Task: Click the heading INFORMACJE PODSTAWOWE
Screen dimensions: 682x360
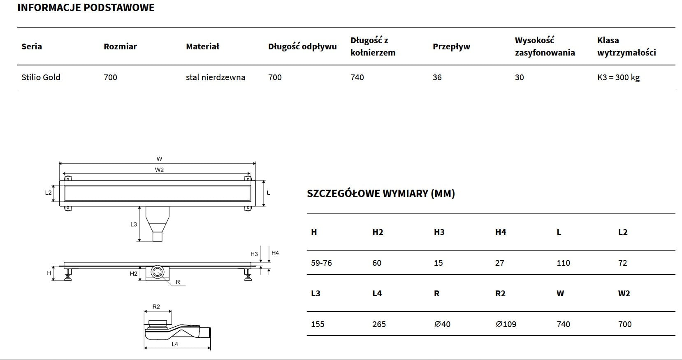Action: [86, 7]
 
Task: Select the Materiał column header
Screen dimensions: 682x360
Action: [202, 46]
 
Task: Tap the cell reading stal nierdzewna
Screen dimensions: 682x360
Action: [216, 77]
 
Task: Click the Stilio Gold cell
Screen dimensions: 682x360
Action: [41, 77]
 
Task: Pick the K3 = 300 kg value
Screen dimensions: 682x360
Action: [618, 77]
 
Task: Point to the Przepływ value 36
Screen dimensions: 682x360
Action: [437, 77]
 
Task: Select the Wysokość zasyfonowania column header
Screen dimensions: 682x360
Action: [545, 46]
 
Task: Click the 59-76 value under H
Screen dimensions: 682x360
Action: [321, 263]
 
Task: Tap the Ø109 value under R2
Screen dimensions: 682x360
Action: [506, 324]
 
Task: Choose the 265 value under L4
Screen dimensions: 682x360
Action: [379, 324]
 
